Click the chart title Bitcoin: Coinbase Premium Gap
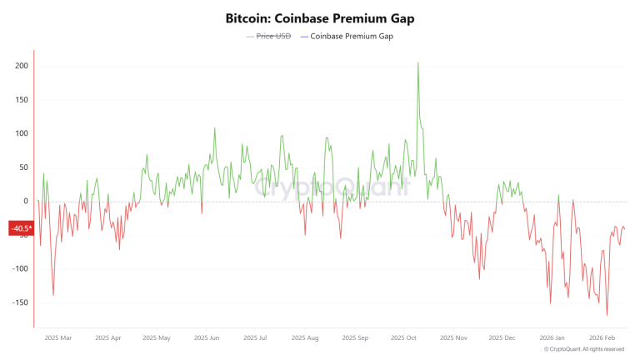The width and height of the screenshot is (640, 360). (x=319, y=17)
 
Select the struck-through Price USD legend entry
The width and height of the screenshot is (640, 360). (x=273, y=37)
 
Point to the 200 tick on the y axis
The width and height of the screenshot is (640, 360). (x=21, y=66)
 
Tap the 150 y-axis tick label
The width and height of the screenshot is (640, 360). (x=21, y=100)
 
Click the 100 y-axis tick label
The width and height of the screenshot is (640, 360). (x=21, y=133)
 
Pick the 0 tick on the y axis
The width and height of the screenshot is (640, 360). (x=25, y=201)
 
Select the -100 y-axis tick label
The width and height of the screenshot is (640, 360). (x=19, y=268)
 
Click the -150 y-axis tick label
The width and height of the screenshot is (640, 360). (x=19, y=302)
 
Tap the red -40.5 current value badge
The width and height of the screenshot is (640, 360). (x=21, y=228)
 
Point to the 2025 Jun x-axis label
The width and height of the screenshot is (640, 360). (x=206, y=338)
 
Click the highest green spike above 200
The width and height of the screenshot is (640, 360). (x=417, y=63)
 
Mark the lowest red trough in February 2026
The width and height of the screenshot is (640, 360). (x=607, y=315)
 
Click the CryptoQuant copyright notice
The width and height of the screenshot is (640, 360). (x=584, y=349)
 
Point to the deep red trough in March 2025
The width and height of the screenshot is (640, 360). (x=53, y=295)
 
